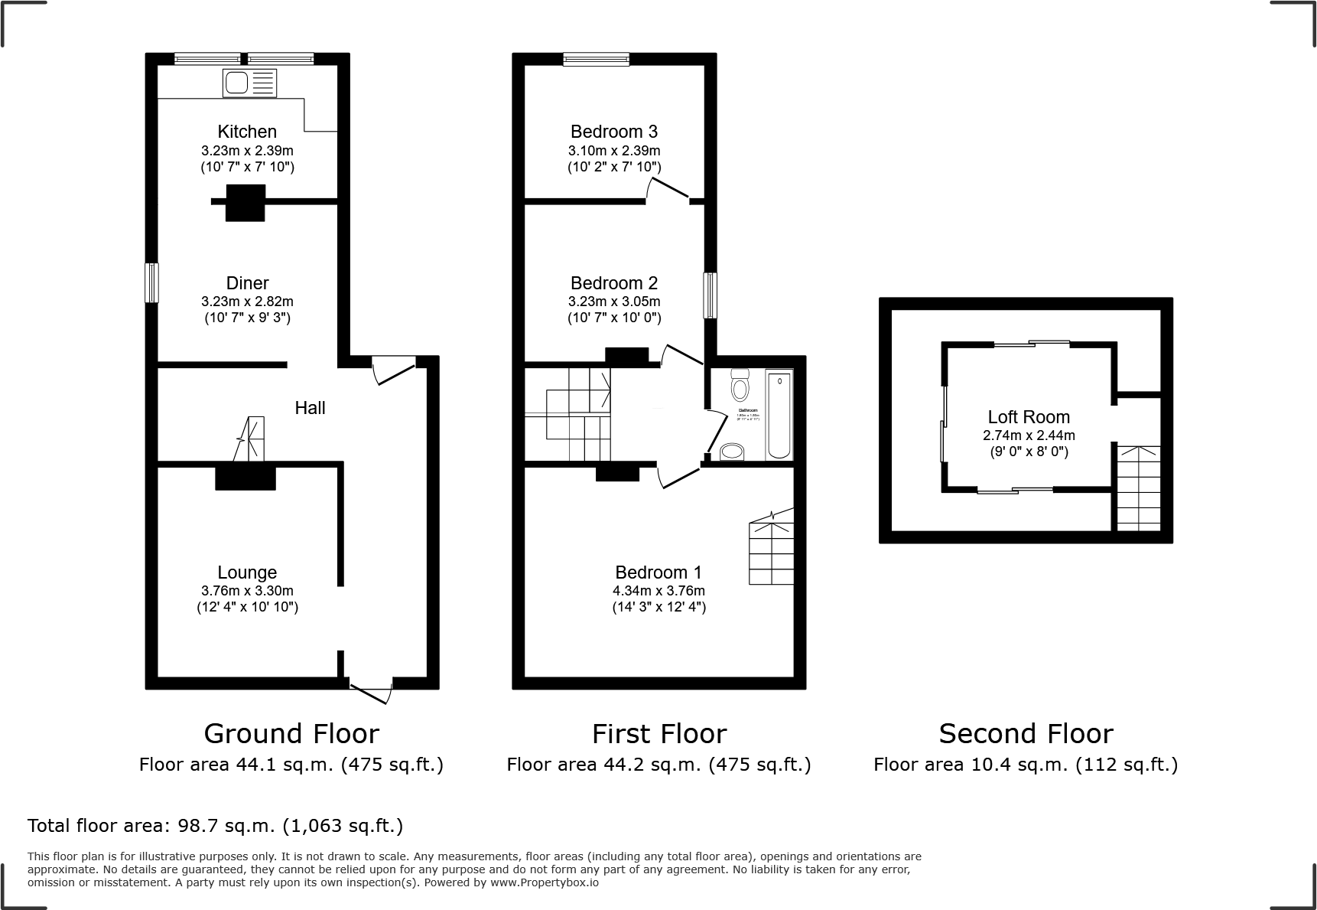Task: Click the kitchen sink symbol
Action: pyautogui.click(x=249, y=83)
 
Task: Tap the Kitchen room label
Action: pyautogui.click(x=247, y=132)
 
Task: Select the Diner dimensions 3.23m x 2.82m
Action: pyautogui.click(x=247, y=302)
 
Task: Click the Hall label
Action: pyautogui.click(x=310, y=408)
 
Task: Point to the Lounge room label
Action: pyautogui.click(x=247, y=572)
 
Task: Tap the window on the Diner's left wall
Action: pyautogui.click(x=152, y=283)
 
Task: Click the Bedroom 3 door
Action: pyautogui.click(x=668, y=189)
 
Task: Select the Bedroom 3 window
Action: pyautogui.click(x=597, y=59)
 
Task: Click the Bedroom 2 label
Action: pyautogui.click(x=614, y=283)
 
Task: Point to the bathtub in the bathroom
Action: pyautogui.click(x=779, y=414)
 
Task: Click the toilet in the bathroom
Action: pyautogui.click(x=740, y=386)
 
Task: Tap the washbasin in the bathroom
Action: pyautogui.click(x=732, y=452)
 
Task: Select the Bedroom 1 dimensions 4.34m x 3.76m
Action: pyautogui.click(x=658, y=591)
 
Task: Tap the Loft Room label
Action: pyautogui.click(x=1029, y=417)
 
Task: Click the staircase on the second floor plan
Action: pyautogui.click(x=1139, y=488)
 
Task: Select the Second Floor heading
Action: pyautogui.click(x=1026, y=733)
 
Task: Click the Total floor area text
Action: pyautogui.click(x=215, y=826)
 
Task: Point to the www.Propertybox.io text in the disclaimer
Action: pyautogui.click(x=545, y=882)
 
